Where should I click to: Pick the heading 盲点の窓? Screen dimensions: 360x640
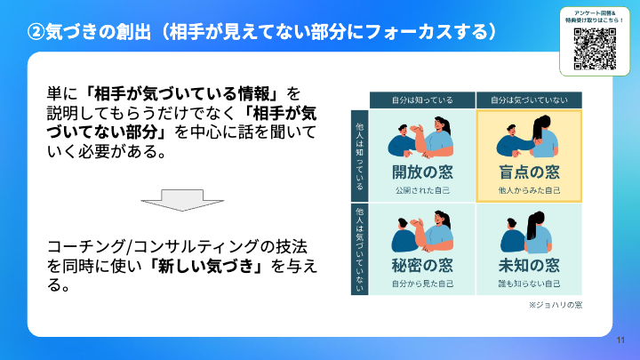(528, 172)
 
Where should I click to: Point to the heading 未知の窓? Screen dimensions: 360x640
(528, 265)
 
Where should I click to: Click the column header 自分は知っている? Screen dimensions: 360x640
(422, 100)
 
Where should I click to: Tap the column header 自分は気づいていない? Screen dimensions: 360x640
(529, 100)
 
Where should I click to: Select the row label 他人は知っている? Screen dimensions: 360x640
(359, 156)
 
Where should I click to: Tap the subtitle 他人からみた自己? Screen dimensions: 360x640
(528, 190)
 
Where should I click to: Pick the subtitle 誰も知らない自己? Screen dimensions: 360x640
(528, 284)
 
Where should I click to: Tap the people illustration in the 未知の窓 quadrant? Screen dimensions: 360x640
(528, 233)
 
